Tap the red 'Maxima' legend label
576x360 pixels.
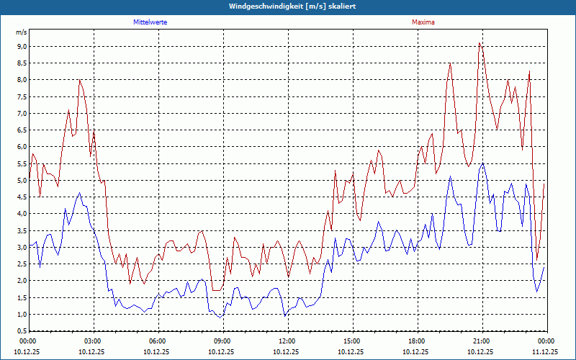423,22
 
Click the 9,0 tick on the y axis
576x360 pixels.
22,47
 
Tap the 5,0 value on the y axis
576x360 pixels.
22,181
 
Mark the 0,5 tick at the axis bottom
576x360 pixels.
22,331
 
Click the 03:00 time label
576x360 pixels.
93,341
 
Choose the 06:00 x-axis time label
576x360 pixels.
158,341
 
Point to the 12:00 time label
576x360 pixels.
287,341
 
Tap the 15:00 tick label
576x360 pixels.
352,341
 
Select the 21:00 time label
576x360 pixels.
482,341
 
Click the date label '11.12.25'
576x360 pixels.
545,352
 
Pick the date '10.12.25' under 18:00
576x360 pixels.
417,352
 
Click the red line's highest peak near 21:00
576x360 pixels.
480,43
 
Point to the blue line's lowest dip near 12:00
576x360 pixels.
285,316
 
